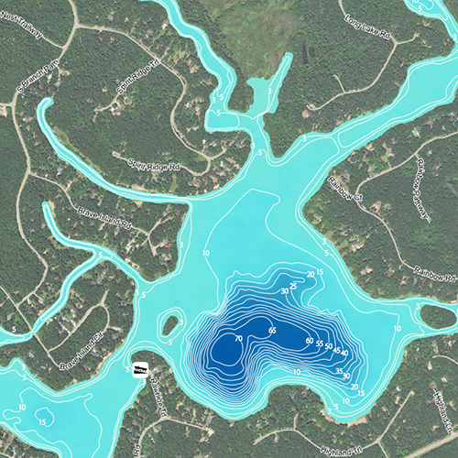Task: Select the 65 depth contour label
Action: [272, 329]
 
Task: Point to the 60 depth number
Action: [309, 341]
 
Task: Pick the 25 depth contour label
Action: [294, 287]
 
